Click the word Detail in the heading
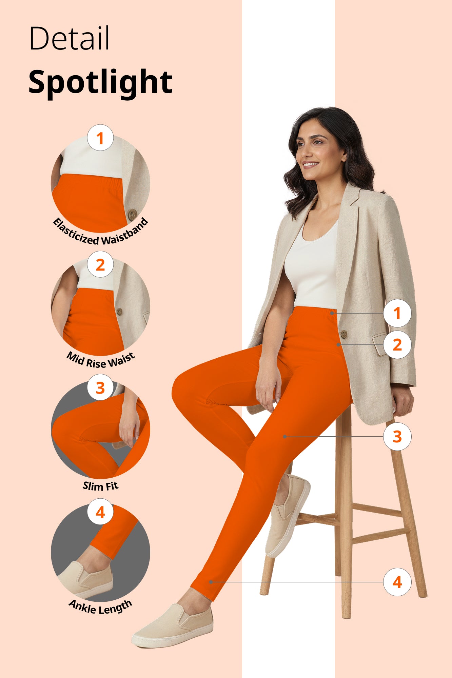coord(70,38)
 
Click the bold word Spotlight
coord(100,82)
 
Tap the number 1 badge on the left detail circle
coord(100,138)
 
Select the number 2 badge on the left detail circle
coord(100,264)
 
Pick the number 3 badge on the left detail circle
coord(100,387)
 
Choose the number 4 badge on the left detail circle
coord(100,512)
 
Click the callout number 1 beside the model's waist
coord(397,313)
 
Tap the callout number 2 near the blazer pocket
coord(397,345)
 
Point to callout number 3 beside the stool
coord(397,436)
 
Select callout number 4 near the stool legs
coord(397,582)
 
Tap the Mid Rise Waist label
coord(100,360)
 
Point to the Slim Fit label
coord(100,486)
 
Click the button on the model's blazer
coord(343,334)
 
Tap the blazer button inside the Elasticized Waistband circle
coord(132,214)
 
